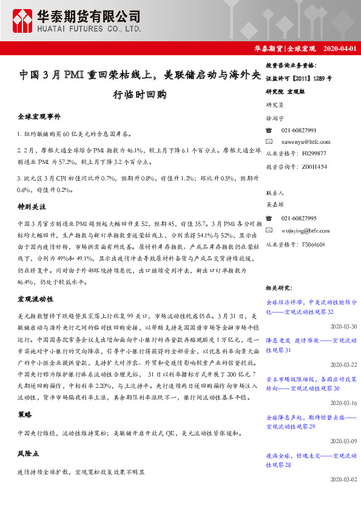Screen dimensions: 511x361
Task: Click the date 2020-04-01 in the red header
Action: (x=341, y=49)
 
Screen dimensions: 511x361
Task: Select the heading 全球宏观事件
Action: (x=39, y=115)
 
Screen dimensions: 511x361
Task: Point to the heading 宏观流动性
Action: (x=36, y=300)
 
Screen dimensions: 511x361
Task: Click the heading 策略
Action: (x=25, y=415)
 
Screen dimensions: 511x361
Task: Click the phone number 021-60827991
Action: (x=299, y=130)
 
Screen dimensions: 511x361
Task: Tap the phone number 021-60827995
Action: (x=299, y=218)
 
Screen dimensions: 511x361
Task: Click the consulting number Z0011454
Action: (x=314, y=166)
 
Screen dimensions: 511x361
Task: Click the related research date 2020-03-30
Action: (x=343, y=326)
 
